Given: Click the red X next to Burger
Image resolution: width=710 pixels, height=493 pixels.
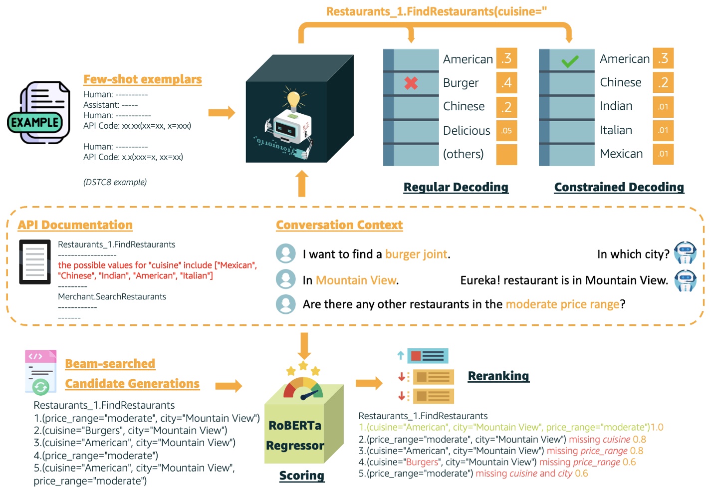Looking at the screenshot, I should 411,83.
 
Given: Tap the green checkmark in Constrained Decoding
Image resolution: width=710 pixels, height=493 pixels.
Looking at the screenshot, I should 569,61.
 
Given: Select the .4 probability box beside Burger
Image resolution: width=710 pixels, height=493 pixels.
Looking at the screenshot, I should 506,82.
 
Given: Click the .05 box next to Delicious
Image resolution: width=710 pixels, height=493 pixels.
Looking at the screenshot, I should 506,131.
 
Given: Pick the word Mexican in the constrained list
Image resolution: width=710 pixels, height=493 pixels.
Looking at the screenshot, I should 621,154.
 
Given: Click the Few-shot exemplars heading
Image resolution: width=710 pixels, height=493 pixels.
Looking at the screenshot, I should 142,79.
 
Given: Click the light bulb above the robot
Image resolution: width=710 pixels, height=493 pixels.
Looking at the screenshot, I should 293,99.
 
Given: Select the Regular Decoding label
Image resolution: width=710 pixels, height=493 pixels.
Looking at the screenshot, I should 456,187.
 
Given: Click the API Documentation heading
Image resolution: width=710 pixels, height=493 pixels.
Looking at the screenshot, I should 75,225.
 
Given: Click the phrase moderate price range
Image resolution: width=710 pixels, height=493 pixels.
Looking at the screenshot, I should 562,304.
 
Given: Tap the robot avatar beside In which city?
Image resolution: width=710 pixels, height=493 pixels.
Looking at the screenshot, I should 685,252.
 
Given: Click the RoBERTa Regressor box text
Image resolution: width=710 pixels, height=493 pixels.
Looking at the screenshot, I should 295,435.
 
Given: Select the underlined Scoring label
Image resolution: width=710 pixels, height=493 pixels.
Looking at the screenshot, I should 301,476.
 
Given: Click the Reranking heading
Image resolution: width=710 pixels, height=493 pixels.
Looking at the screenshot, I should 498,376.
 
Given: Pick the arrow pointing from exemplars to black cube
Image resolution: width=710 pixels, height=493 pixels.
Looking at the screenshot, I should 221,112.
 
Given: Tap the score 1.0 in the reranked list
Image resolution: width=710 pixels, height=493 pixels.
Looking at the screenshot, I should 657,428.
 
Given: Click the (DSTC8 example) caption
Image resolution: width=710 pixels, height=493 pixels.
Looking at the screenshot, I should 115,183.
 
